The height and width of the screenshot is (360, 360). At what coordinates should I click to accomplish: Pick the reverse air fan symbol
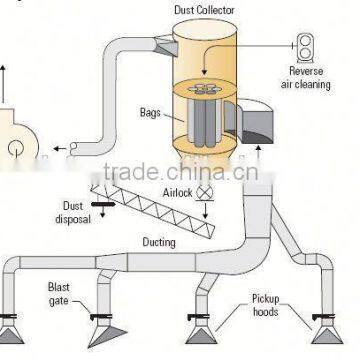(303, 46)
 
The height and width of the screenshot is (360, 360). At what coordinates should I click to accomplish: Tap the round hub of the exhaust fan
(15, 148)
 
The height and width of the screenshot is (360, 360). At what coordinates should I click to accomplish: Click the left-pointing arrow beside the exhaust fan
(63, 150)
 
